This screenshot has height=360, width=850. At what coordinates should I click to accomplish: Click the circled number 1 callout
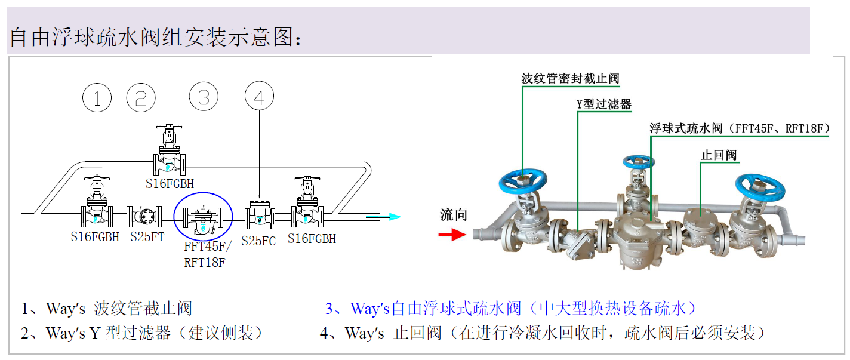[97, 99]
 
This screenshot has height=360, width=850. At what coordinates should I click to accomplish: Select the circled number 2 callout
[141, 99]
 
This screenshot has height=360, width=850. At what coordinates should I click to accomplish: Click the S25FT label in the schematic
[147, 237]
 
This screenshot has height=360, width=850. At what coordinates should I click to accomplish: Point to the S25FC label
[258, 241]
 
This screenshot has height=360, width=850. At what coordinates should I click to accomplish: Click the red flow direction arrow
[452, 235]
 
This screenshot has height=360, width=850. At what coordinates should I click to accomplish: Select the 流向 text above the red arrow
[453, 215]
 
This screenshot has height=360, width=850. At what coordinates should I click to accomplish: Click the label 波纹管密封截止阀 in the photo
[570, 78]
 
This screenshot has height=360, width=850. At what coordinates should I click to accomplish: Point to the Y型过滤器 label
[603, 104]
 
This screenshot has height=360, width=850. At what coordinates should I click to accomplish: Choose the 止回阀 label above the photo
[719, 155]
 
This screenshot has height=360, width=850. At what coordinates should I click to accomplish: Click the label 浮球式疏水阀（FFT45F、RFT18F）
[740, 128]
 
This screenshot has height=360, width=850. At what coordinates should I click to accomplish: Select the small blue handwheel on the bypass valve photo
[639, 162]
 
